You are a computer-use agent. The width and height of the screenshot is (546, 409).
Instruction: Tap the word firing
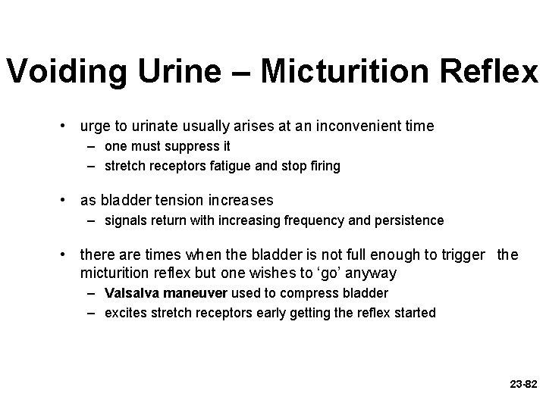325,166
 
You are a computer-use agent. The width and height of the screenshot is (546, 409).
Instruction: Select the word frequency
315,221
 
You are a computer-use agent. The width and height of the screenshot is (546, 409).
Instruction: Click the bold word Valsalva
130,293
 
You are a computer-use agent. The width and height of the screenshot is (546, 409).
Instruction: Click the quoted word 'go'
328,272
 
